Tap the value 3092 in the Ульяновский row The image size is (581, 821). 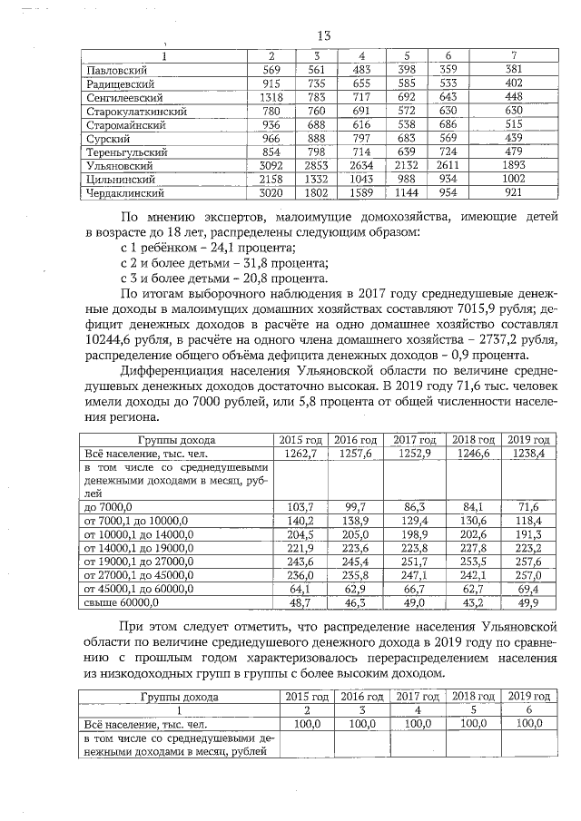click(273, 166)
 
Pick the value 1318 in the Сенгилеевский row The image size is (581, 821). click(273, 97)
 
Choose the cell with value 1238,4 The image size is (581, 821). click(529, 453)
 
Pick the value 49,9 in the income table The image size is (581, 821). click(529, 601)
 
